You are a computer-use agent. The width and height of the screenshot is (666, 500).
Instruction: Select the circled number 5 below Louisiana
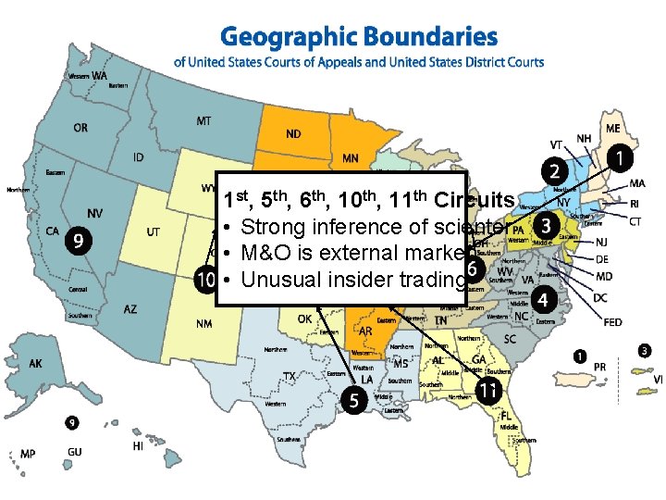coord(352,400)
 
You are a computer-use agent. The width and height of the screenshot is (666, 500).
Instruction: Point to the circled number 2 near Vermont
coord(555,172)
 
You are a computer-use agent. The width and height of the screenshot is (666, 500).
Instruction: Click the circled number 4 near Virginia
coord(544,300)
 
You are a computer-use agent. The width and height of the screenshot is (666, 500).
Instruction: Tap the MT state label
coord(204,121)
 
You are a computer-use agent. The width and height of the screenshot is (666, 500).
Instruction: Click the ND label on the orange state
coord(292,134)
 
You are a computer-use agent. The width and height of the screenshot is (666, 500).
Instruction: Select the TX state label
coord(289,377)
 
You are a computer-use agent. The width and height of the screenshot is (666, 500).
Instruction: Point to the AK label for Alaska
coord(35,364)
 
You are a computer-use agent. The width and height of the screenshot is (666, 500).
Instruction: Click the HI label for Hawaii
coord(138,445)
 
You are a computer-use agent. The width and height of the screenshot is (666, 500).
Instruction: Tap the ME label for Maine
coord(612,128)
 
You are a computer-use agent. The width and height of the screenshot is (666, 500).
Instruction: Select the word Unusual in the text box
coord(278,281)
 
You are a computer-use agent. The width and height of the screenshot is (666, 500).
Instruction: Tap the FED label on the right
coord(612,322)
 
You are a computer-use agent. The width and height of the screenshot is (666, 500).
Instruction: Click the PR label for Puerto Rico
coord(600,367)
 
